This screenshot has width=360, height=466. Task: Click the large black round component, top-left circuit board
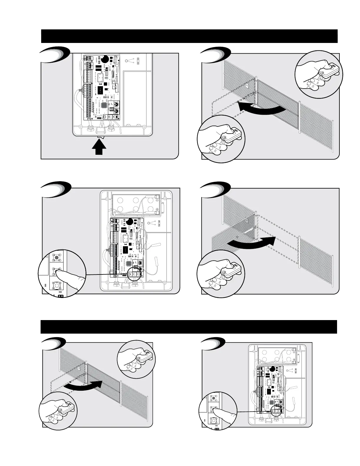(x=105, y=59)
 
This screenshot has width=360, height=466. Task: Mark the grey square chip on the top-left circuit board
(x=104, y=105)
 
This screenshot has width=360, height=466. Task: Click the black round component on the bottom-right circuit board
(x=273, y=369)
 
